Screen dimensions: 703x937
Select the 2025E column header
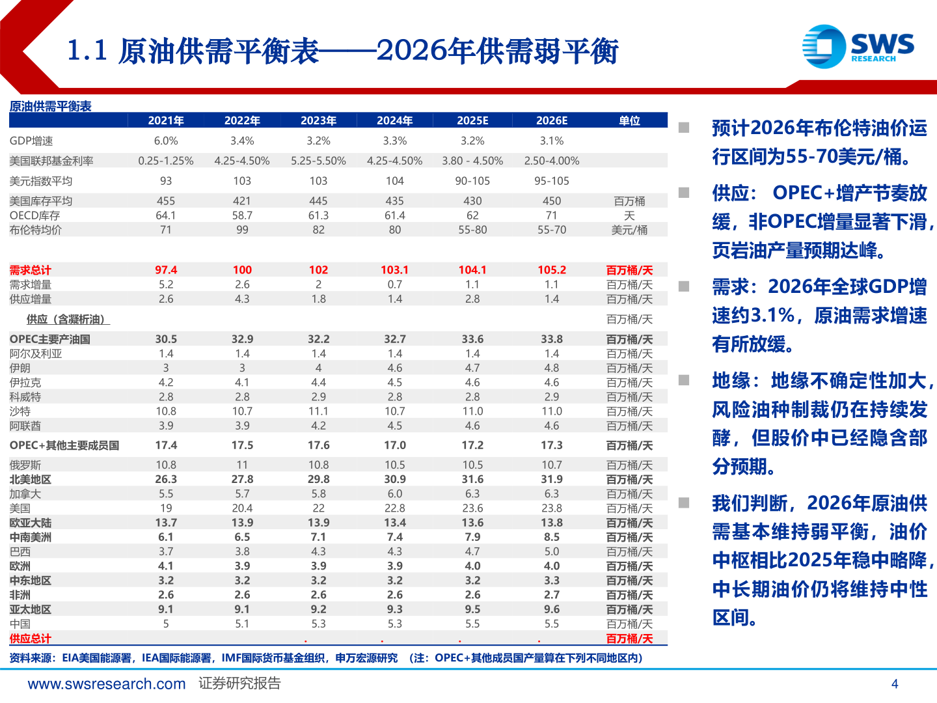(x=472, y=120)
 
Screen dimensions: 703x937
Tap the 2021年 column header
(x=166, y=120)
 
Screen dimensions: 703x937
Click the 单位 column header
(x=629, y=120)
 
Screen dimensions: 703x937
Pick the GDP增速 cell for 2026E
(x=552, y=141)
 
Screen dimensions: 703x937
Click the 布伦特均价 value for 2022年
(x=242, y=230)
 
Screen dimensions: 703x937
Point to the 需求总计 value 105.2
(x=552, y=270)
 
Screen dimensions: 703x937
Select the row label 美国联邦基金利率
(x=51, y=161)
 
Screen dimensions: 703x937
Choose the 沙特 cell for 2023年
(x=318, y=411)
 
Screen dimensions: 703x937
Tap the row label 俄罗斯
(x=25, y=465)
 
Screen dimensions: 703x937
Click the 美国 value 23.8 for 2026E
(x=552, y=508)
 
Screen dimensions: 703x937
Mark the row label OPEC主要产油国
(x=50, y=339)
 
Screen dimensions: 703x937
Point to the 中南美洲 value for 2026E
(x=552, y=537)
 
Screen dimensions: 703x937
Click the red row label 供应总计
(x=30, y=639)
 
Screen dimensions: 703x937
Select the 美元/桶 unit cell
(x=629, y=230)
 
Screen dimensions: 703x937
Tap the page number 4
(x=895, y=683)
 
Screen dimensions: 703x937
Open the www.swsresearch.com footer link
(x=107, y=683)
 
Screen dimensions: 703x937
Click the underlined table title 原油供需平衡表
(x=50, y=106)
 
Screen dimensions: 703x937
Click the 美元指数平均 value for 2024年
(x=395, y=181)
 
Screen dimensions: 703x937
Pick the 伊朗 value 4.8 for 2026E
(x=552, y=368)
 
